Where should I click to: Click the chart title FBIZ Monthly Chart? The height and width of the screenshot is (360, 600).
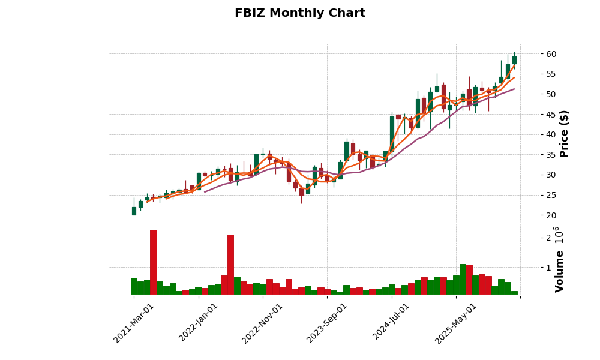click(299, 13)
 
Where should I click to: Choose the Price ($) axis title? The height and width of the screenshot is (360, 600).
click(564, 133)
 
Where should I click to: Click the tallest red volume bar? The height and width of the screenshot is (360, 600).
click(154, 262)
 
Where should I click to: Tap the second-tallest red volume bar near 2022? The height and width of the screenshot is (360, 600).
click(230, 265)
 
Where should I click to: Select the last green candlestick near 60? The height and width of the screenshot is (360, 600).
click(514, 60)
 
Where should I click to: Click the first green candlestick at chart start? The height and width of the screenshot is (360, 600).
click(134, 211)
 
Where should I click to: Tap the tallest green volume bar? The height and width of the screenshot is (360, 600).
click(463, 280)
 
